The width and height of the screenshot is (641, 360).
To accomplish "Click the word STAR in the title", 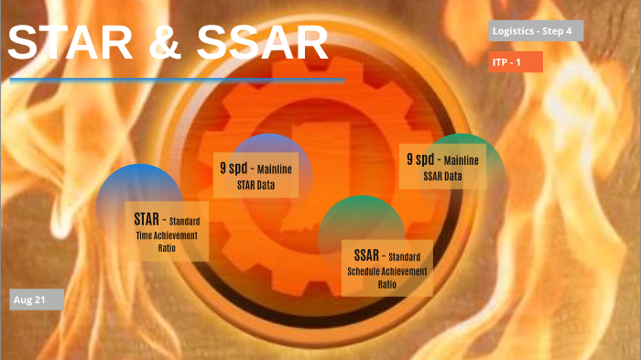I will click(75, 44).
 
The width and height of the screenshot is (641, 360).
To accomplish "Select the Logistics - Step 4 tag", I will click(536, 31).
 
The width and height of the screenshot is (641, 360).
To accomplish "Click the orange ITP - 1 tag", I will click(516, 61).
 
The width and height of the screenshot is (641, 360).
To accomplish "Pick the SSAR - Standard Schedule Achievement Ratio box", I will click(386, 267).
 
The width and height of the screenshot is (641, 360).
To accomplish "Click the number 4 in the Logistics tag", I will click(569, 31).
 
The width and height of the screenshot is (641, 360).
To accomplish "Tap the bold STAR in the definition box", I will click(147, 219).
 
